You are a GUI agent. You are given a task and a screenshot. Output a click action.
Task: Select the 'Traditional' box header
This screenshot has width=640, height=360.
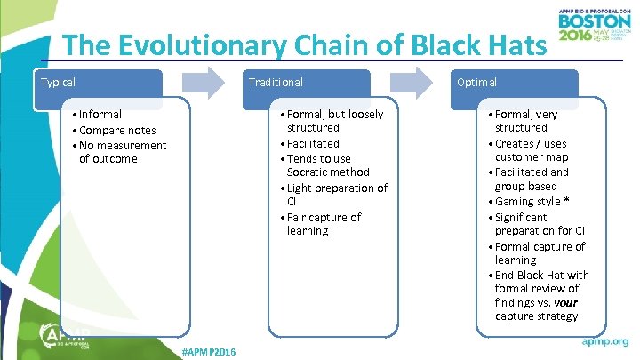[x=305, y=83]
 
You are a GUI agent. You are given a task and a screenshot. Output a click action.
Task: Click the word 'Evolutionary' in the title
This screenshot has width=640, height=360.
[x=223, y=45]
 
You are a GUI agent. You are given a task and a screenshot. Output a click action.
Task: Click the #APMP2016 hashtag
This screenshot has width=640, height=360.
[x=208, y=353]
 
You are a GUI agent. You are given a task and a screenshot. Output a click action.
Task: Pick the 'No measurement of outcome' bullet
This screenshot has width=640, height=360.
[x=121, y=152]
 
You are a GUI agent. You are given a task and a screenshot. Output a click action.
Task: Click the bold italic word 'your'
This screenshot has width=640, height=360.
[x=564, y=302]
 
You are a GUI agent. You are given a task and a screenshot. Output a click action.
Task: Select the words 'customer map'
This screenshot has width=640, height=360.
[x=532, y=157]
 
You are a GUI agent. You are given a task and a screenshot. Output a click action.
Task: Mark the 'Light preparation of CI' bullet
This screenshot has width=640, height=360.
[x=335, y=195]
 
